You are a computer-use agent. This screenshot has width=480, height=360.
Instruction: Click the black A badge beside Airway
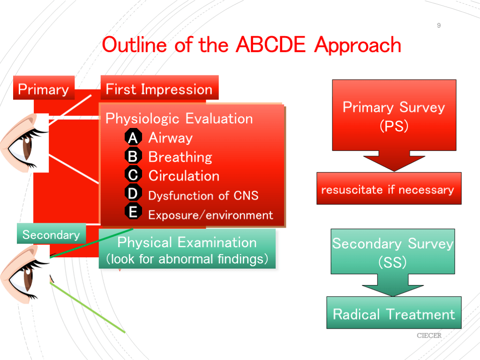(x=133, y=137)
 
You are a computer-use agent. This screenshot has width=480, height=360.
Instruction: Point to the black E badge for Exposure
(x=133, y=211)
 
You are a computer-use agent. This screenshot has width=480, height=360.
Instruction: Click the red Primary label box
(x=44, y=88)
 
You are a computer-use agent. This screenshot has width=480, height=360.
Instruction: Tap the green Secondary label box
(x=51, y=233)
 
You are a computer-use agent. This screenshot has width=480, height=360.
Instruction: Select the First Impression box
(x=159, y=88)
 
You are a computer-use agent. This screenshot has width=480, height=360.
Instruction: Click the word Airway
(x=171, y=138)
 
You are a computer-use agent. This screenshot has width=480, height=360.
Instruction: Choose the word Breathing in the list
(x=180, y=157)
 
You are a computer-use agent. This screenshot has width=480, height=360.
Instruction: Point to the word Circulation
(x=184, y=176)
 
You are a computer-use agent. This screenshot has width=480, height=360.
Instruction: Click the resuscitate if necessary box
(x=389, y=188)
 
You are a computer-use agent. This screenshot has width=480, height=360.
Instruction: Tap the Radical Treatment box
(x=394, y=313)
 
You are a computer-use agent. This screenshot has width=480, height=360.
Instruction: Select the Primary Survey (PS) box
(x=394, y=115)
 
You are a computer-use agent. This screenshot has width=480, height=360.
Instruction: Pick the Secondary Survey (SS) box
(x=393, y=251)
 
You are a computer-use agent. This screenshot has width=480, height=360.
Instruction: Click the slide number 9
(x=439, y=25)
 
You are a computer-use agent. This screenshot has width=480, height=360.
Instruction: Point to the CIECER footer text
(x=429, y=336)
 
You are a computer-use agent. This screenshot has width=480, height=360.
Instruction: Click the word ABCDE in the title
(x=270, y=45)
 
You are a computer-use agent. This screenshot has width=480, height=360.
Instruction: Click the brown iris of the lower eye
(x=28, y=278)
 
